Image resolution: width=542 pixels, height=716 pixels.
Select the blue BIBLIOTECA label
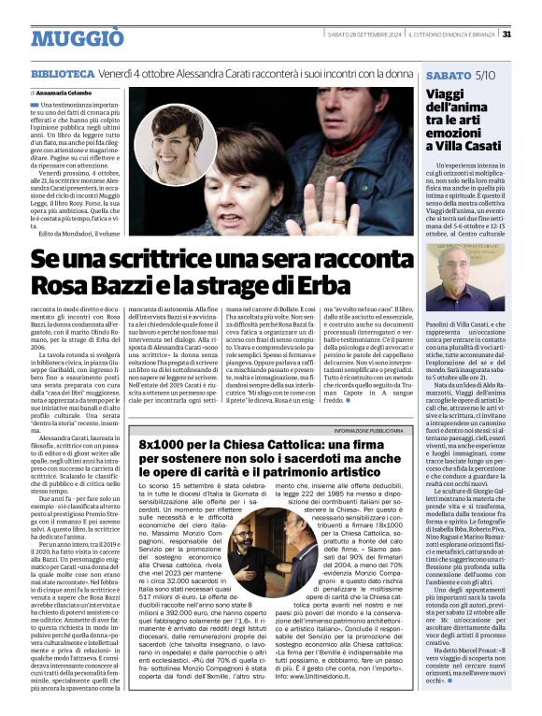[x=63, y=73]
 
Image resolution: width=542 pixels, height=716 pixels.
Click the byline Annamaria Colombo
[x=64, y=93]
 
